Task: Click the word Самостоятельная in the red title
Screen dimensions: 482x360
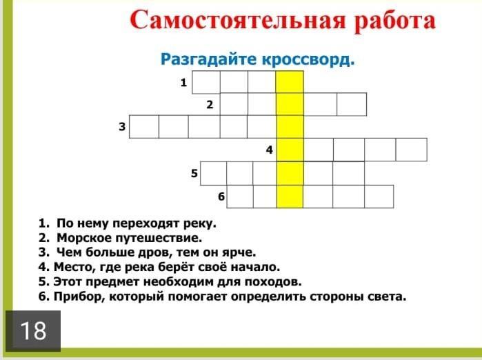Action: [x=238, y=21]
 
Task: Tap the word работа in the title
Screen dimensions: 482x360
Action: [x=395, y=21]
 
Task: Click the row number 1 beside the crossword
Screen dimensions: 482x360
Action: [x=183, y=82]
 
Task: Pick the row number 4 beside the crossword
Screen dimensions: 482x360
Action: [x=270, y=150]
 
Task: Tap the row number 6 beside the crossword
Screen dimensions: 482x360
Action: [x=221, y=197]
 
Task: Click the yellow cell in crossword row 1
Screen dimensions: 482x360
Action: [x=290, y=82]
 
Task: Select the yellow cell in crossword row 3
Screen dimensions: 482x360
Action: [x=290, y=127]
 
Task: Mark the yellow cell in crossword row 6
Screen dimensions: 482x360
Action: [x=290, y=197]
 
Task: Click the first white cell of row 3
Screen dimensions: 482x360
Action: [x=144, y=127]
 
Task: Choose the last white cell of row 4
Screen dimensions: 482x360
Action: [x=411, y=150]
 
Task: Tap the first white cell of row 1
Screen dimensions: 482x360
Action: [x=206, y=82]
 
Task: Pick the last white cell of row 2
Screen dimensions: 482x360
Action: [x=352, y=104]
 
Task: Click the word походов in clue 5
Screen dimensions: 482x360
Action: [x=272, y=282]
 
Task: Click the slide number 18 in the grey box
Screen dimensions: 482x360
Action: [x=33, y=331]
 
